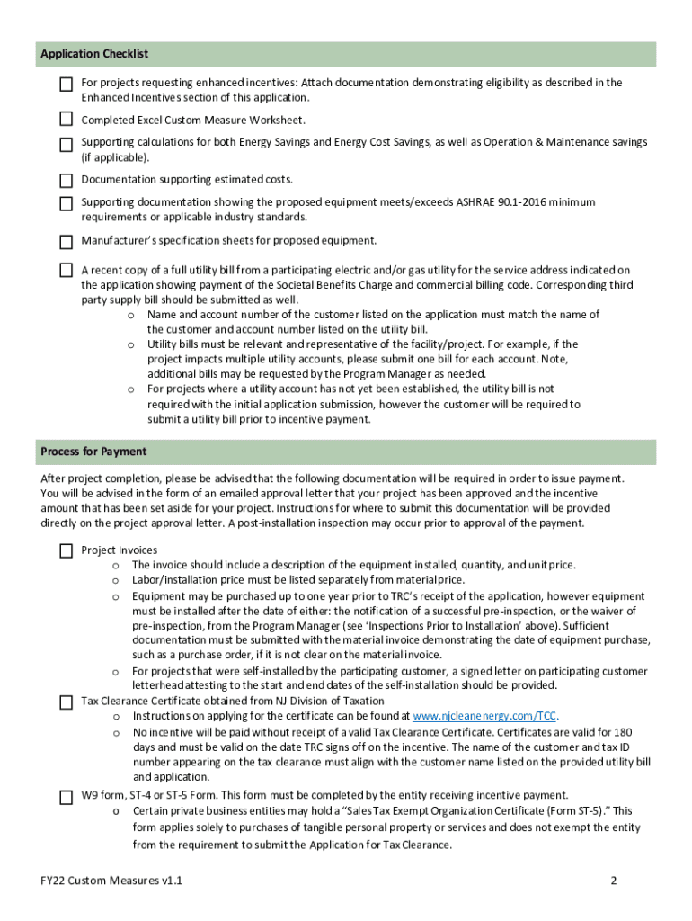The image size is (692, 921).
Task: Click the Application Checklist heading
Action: point(94,55)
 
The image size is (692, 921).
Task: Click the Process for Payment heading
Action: point(93,451)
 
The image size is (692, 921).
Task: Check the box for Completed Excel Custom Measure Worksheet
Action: point(67,119)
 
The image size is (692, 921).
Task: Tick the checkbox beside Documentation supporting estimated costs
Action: point(67,180)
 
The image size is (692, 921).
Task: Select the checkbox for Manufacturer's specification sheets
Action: point(67,241)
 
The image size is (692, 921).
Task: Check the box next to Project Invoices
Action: point(67,550)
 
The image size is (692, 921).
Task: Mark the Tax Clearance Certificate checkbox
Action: point(67,702)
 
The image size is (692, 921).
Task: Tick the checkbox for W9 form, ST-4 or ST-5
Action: point(67,796)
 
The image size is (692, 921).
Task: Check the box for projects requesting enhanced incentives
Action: point(67,85)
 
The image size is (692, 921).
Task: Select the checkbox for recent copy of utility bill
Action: point(67,270)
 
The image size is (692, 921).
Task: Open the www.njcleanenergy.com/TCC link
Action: point(484,716)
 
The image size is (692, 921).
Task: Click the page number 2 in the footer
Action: point(614,881)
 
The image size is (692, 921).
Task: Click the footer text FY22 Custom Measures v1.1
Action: point(105,881)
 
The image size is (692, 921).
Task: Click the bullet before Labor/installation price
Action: point(115,580)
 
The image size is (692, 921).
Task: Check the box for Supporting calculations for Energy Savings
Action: point(67,144)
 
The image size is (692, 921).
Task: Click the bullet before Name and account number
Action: point(131,315)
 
